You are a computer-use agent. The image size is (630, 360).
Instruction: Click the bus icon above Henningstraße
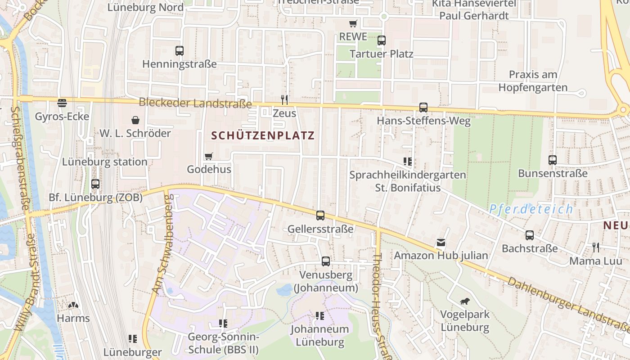tap(180, 51)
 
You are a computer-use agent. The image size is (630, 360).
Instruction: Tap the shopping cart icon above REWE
tap(353, 23)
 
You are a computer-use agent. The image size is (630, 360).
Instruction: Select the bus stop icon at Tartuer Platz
tap(382, 40)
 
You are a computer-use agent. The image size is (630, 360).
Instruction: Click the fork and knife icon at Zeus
tap(284, 99)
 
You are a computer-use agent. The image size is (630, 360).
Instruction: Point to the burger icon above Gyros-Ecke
tap(62, 103)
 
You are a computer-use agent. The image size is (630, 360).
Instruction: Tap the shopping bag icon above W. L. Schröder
tap(135, 120)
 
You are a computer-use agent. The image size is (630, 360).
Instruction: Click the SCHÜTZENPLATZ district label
tap(263, 135)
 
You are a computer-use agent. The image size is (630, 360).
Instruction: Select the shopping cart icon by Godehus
tap(208, 156)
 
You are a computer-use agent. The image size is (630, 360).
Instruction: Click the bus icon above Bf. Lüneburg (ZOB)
tap(95, 184)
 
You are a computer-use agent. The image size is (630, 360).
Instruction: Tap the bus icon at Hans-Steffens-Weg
tap(423, 108)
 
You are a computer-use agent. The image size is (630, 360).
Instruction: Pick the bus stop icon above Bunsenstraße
tap(553, 160)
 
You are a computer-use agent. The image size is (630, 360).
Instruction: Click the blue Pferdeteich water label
tap(531, 209)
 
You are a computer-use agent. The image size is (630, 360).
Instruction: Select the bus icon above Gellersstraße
tap(320, 216)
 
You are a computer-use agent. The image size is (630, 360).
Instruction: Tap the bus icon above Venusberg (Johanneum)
tap(326, 261)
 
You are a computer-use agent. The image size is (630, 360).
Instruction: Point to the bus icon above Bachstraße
tap(530, 235)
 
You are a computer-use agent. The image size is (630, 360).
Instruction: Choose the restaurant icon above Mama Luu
tap(596, 247)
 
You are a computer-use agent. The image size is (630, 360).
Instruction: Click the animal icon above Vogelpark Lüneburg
tap(465, 301)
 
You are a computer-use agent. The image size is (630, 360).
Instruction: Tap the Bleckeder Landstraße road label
tap(195, 103)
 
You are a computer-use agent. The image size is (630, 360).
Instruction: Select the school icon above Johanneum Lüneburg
tap(320, 315)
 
